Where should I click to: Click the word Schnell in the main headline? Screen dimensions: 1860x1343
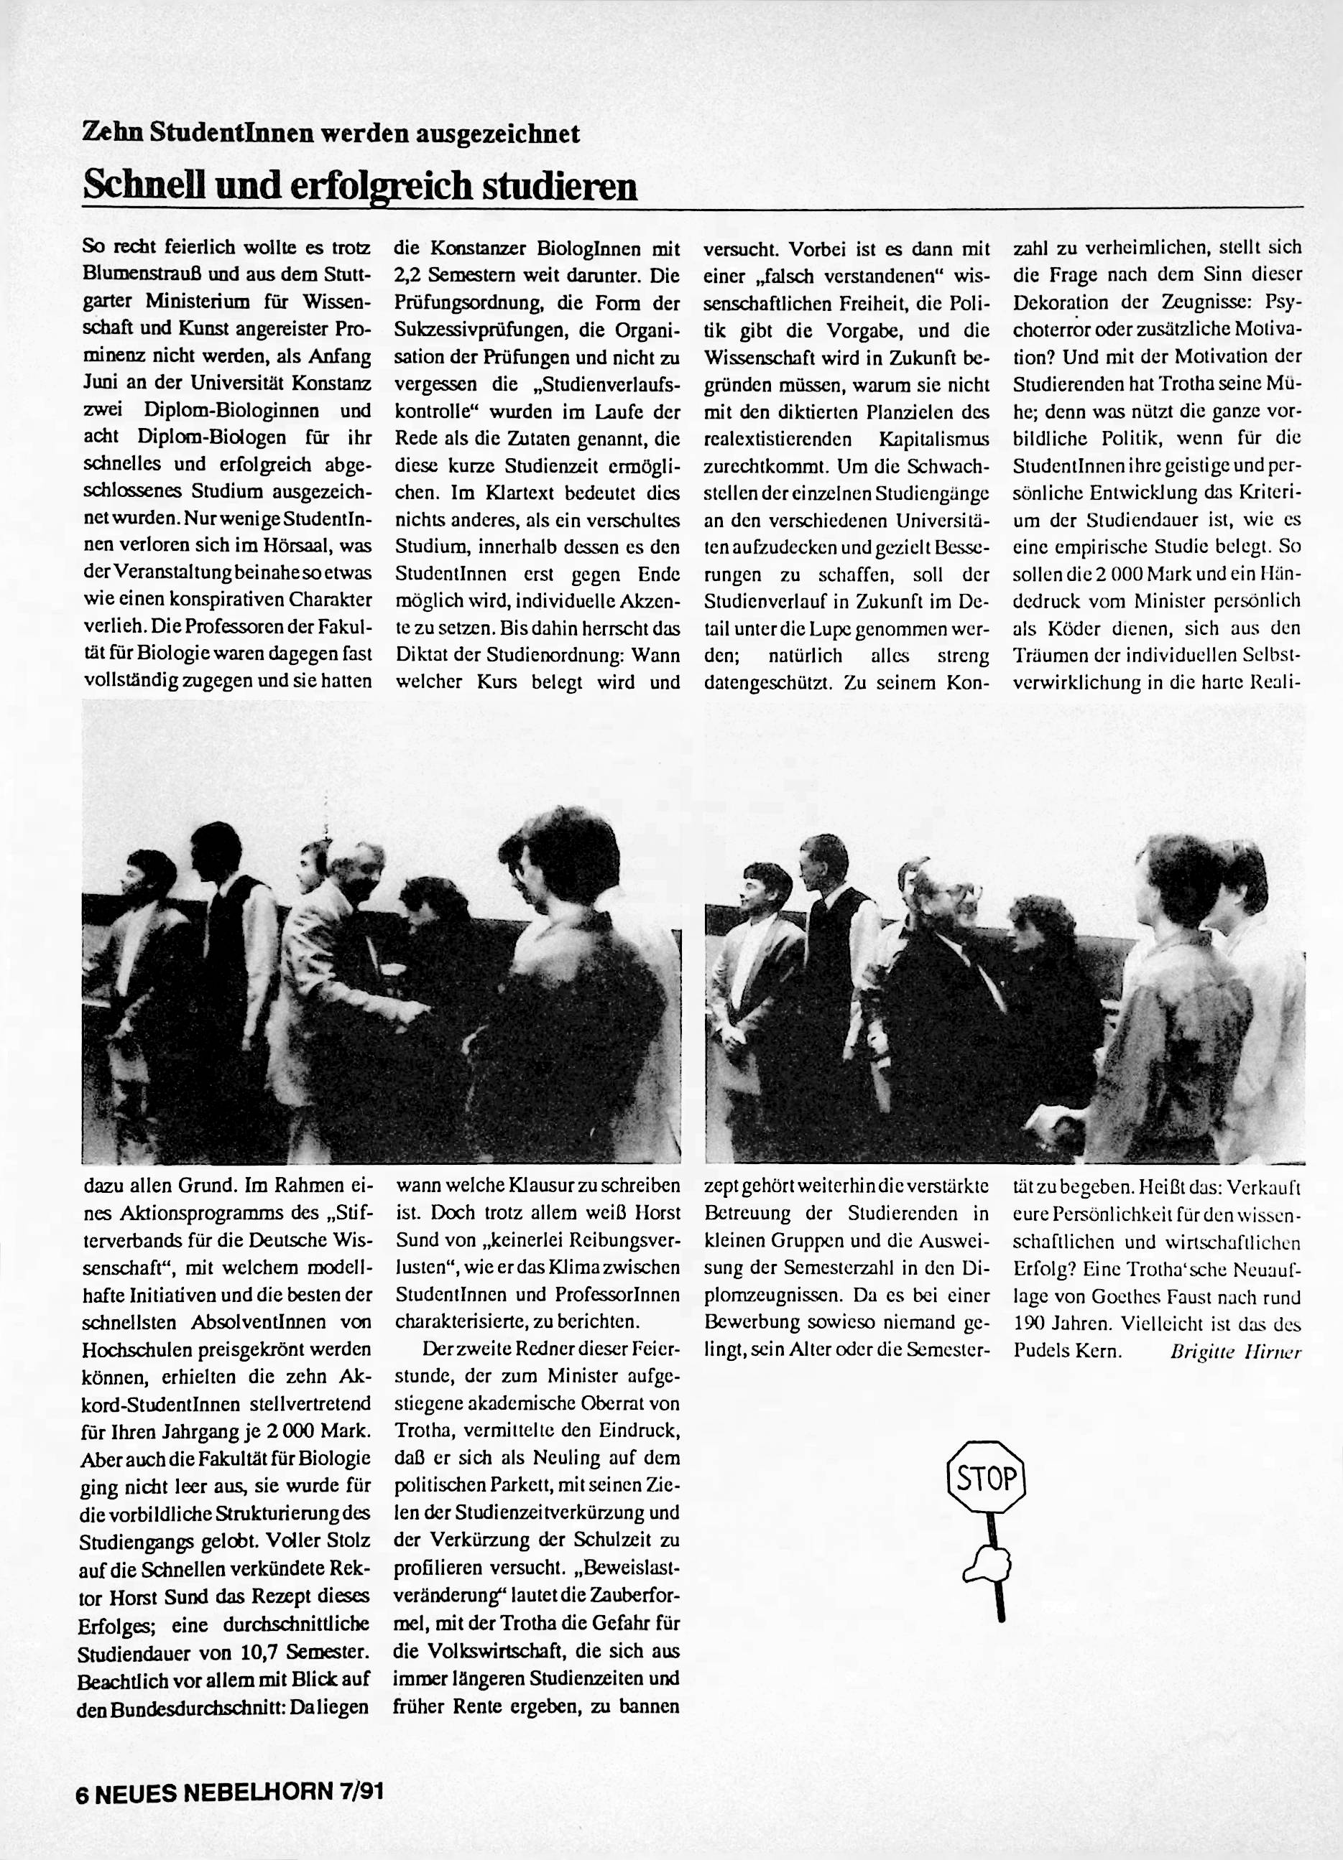point(144,187)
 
